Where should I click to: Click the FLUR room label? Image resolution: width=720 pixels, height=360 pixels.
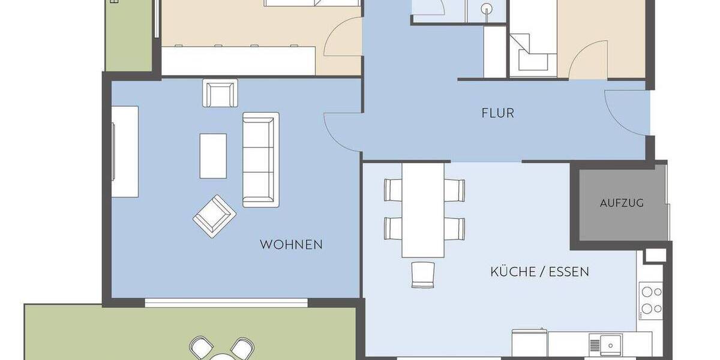point(497,113)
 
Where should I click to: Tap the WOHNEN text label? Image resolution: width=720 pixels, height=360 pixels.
point(291,245)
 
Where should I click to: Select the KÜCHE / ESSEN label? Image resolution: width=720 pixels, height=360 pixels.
point(539,272)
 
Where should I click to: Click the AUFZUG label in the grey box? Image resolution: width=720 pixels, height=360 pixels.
point(622,203)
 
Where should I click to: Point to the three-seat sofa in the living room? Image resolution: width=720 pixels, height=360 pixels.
point(260,160)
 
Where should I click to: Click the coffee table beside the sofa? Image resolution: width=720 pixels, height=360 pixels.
point(213,156)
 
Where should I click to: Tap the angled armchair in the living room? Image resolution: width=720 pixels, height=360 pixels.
point(214,215)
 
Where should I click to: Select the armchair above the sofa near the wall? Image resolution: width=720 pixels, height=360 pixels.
point(221,93)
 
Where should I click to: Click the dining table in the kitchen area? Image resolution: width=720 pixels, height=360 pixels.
point(423,210)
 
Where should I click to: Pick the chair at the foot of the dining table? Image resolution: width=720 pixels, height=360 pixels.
point(422,274)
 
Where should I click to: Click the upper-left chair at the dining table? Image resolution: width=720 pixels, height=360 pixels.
point(394,190)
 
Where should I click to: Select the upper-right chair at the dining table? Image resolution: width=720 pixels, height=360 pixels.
point(454,190)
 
